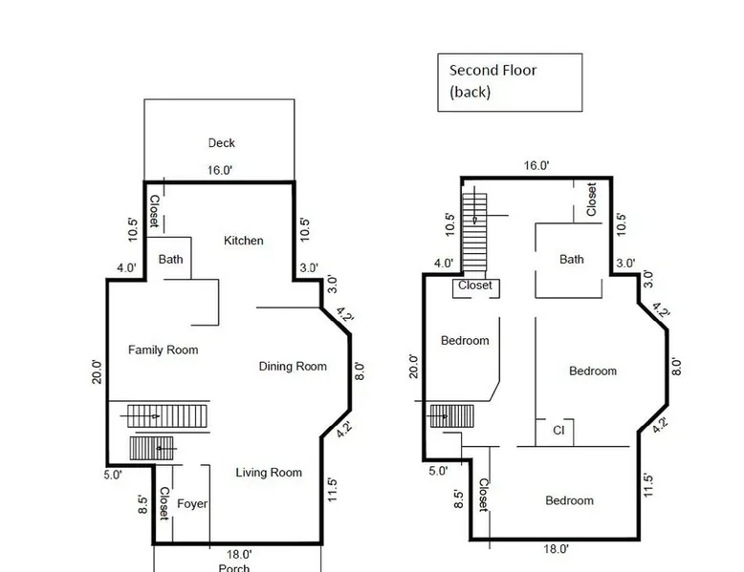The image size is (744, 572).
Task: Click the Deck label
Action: coord(221,142)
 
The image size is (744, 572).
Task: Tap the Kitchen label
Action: coord(244,241)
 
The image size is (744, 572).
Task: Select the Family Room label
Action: coord(163,350)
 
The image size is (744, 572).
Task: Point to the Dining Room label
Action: coord(293,367)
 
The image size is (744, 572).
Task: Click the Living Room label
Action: coord(269,473)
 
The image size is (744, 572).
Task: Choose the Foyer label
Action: coord(191,504)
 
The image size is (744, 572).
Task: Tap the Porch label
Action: coord(234,568)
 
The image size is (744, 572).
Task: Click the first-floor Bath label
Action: coord(170,259)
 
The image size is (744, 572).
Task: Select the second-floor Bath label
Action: coord(571,259)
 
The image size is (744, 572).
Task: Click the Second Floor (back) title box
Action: coord(510,82)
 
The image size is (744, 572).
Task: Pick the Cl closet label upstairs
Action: coord(558,430)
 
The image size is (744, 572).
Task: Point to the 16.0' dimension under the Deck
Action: coord(220,170)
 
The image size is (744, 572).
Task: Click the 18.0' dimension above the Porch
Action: coord(239,554)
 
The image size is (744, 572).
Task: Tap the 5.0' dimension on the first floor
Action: coord(113,475)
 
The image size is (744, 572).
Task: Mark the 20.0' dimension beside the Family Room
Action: coord(97,372)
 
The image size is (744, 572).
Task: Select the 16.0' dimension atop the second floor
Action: coord(536,165)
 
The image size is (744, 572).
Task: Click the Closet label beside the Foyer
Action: coord(164,503)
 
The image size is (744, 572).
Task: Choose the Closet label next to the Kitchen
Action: coord(154,211)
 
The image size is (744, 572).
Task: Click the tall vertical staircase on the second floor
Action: coord(474,232)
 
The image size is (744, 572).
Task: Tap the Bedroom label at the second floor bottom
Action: coord(569,500)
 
